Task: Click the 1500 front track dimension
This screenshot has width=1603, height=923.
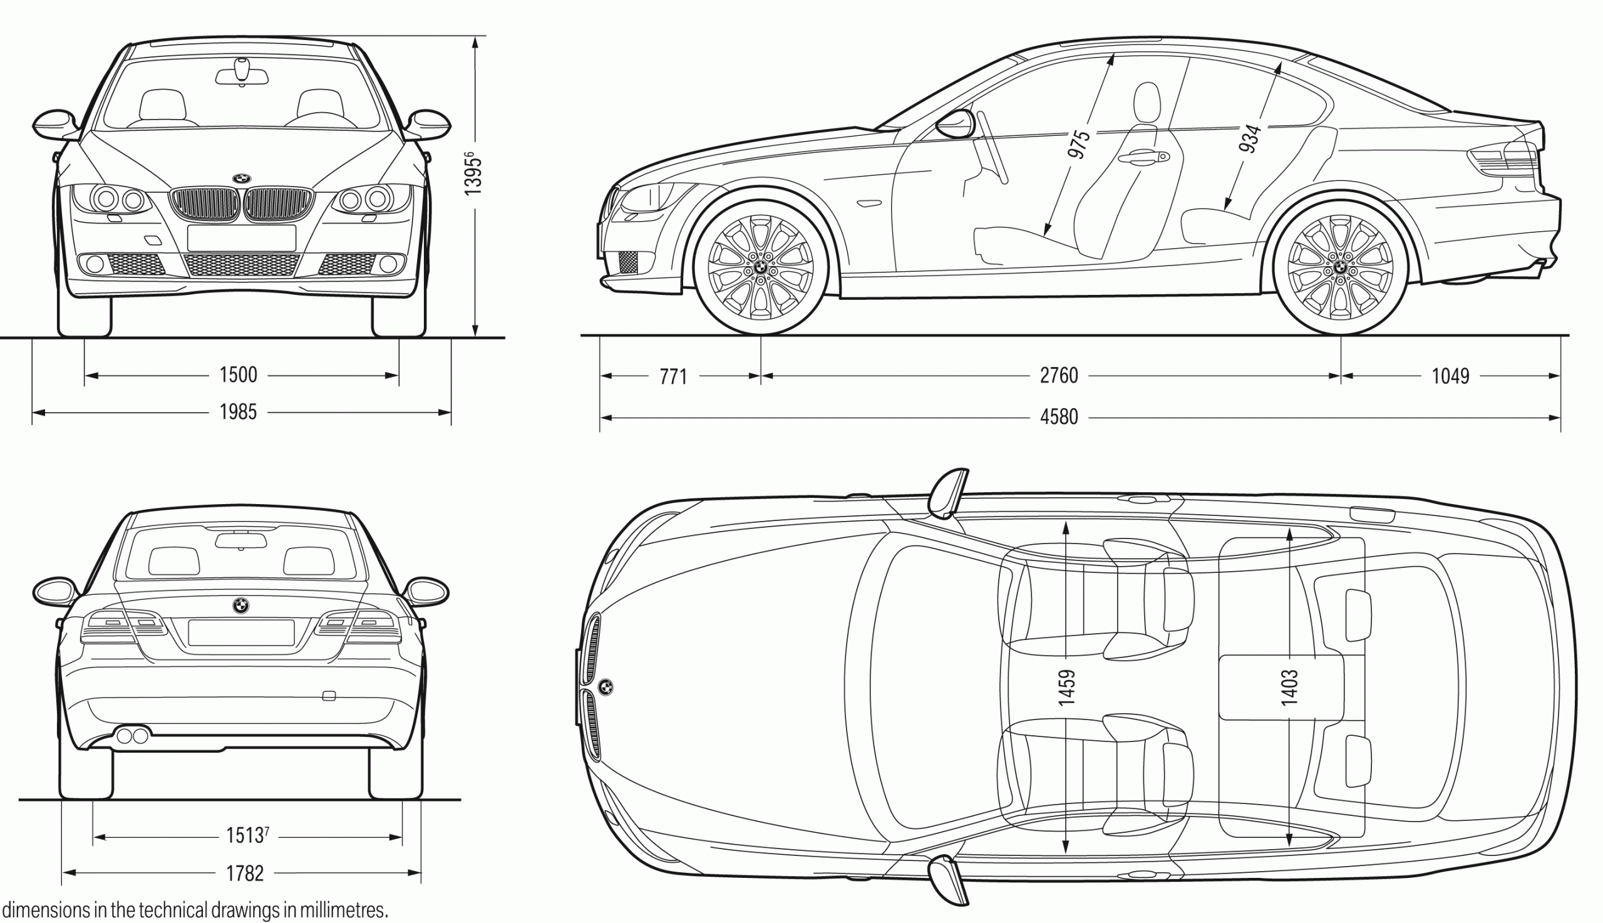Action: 239,375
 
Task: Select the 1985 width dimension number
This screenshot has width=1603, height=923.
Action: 239,413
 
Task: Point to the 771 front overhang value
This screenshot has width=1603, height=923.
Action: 673,377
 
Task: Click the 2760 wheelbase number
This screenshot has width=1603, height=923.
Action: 1058,376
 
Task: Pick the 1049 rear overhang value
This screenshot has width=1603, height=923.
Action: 1450,376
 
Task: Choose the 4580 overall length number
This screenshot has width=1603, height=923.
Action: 1058,417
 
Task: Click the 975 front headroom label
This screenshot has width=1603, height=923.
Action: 1079,145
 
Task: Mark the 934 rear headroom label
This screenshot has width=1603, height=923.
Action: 1250,139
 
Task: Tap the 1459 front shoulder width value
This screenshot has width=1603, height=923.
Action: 1066,687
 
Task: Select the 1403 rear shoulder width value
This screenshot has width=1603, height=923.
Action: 1289,687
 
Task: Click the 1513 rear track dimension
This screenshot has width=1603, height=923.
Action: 246,835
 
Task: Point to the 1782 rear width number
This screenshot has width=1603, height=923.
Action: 245,874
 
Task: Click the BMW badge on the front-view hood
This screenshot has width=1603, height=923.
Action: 242,178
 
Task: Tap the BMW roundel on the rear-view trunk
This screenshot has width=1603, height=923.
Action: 241,606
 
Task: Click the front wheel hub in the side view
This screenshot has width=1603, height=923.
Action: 761,269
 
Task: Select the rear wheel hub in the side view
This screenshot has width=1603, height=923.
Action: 1341,269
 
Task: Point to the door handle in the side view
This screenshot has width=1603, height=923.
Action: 1144,158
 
